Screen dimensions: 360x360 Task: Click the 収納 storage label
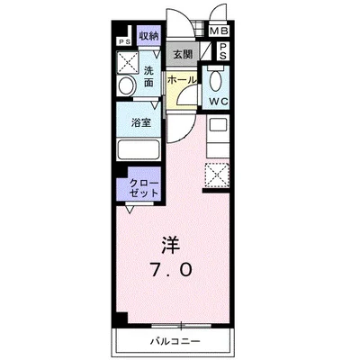148,37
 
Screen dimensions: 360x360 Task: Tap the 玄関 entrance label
182,55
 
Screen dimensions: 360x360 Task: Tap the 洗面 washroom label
149,76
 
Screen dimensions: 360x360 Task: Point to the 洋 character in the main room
172,243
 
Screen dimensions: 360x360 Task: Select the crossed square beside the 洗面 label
127,63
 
